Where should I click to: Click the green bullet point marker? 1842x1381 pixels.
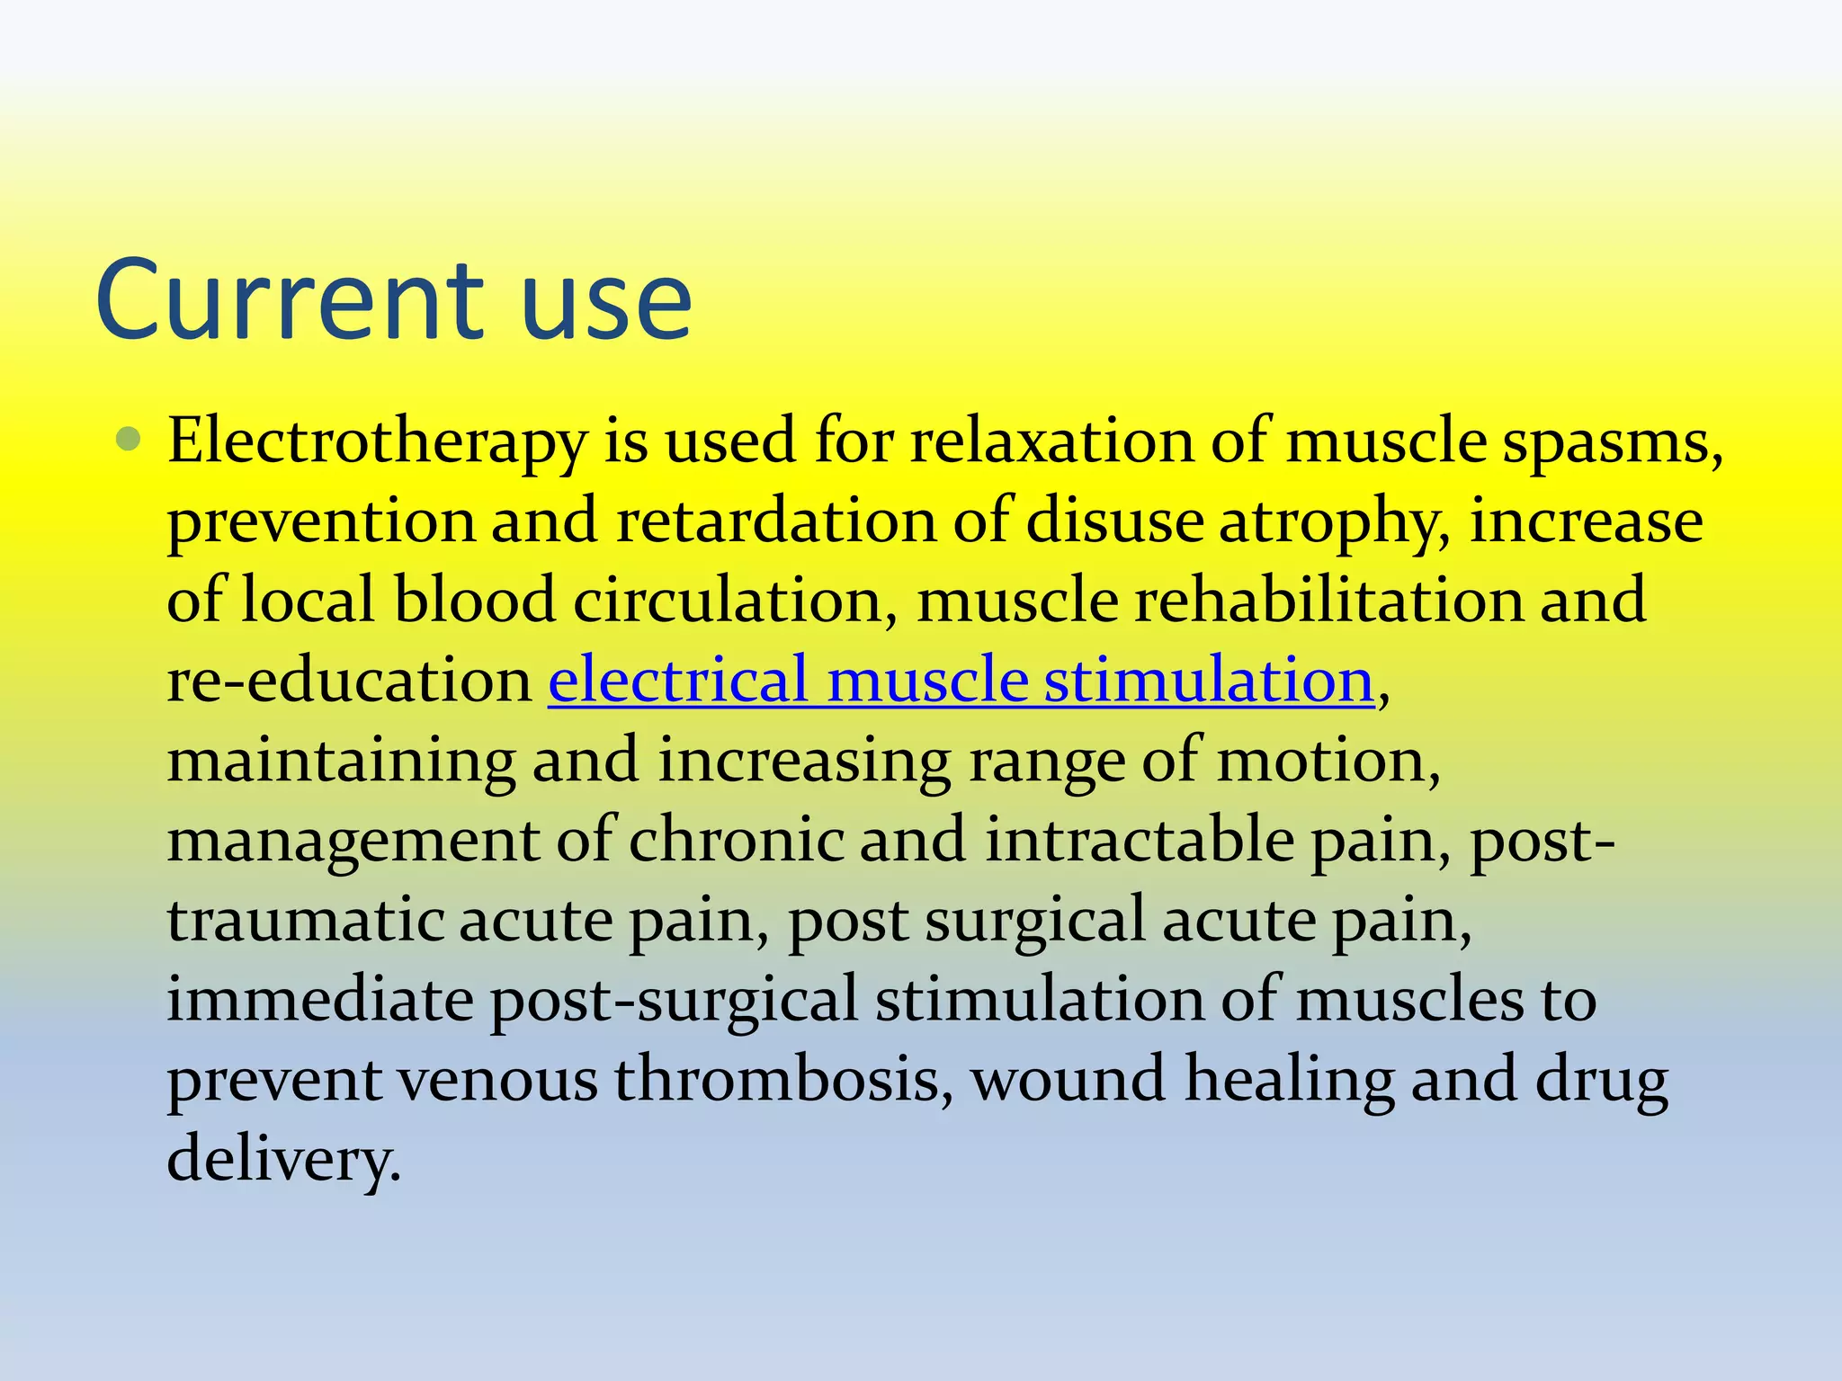(x=129, y=440)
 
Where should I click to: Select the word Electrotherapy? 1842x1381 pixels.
(x=377, y=443)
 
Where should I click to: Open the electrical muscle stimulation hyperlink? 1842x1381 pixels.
(x=961, y=680)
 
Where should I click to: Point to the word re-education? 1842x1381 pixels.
(x=350, y=681)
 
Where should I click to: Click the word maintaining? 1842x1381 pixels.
(x=342, y=761)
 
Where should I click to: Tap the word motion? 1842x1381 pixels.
(x=1328, y=761)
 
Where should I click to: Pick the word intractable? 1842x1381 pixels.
(x=1140, y=840)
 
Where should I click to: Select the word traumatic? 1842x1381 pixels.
(x=305, y=921)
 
